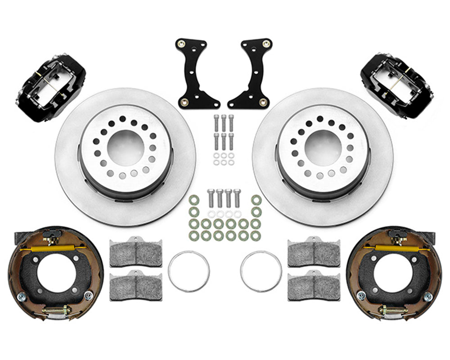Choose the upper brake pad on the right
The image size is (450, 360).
(x=314, y=252)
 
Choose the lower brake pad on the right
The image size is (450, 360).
(x=314, y=286)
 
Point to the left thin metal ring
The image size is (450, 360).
(x=189, y=271)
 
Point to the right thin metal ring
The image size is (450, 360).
(x=261, y=271)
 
